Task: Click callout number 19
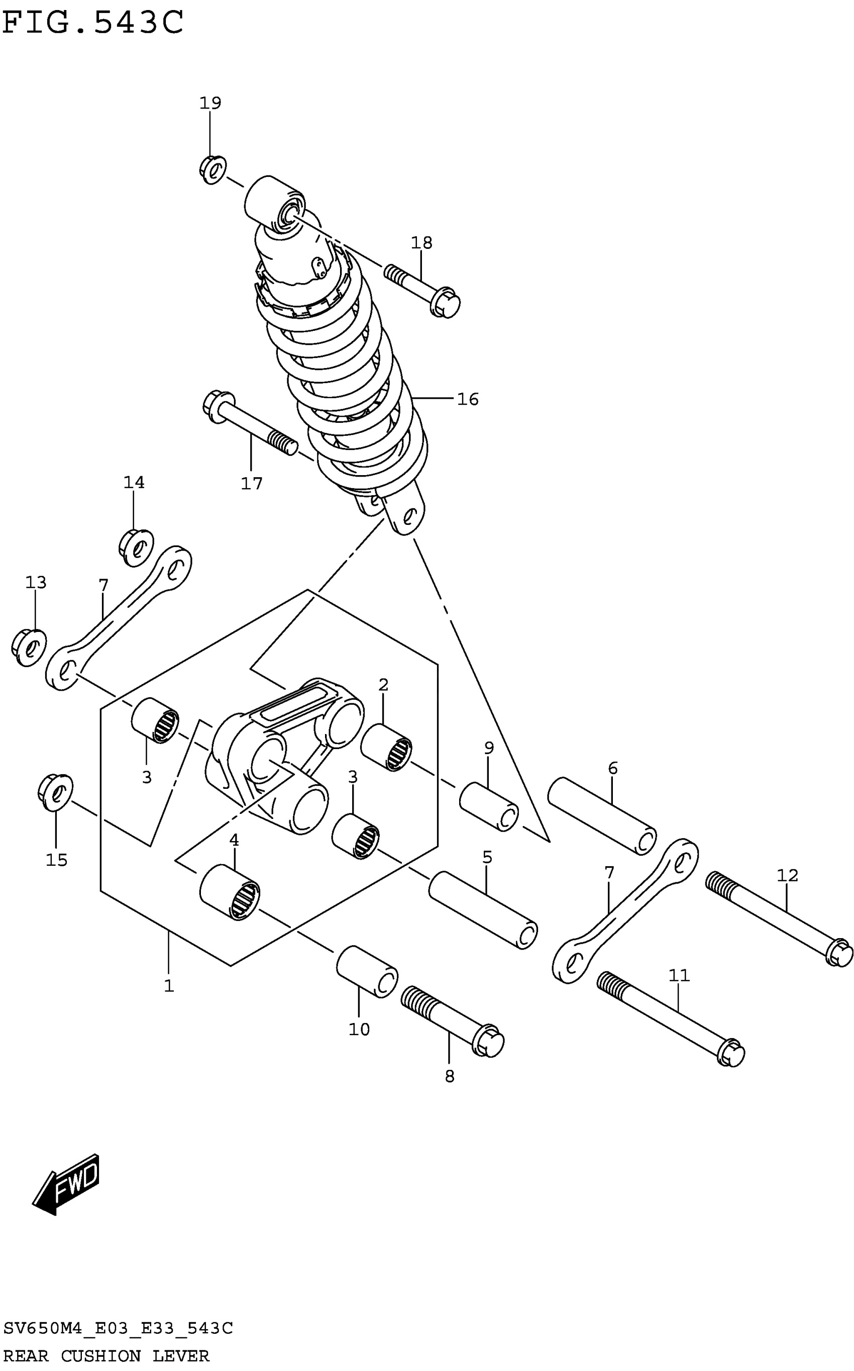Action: pyautogui.click(x=210, y=103)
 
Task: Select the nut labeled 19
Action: pyautogui.click(x=213, y=169)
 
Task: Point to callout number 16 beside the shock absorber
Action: pyautogui.click(x=468, y=400)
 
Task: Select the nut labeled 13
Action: pyautogui.click(x=29, y=646)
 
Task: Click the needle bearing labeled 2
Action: pyautogui.click(x=386, y=748)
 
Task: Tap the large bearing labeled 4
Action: pyautogui.click(x=230, y=892)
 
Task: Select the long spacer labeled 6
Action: pyautogui.click(x=601, y=815)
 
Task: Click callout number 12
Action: pyautogui.click(x=787, y=875)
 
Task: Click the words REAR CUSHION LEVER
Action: pyautogui.click(x=106, y=1355)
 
